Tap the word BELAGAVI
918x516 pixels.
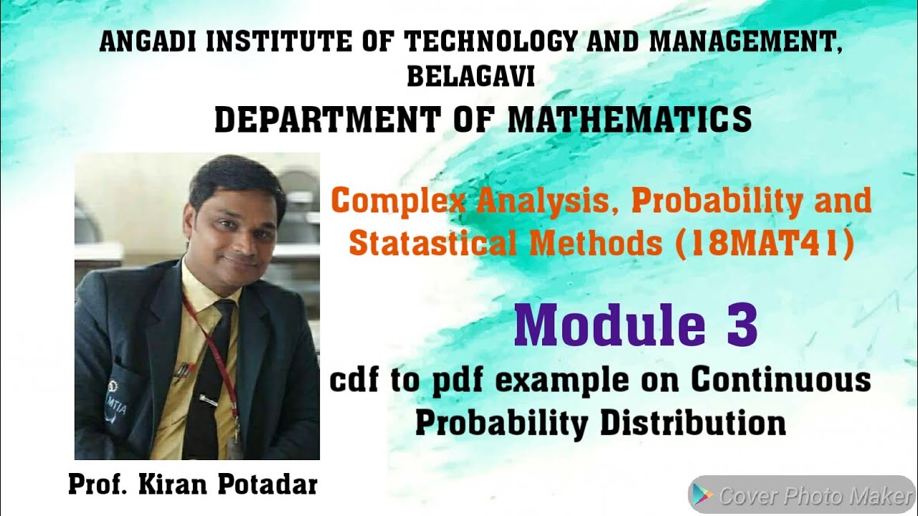[x=471, y=77]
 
